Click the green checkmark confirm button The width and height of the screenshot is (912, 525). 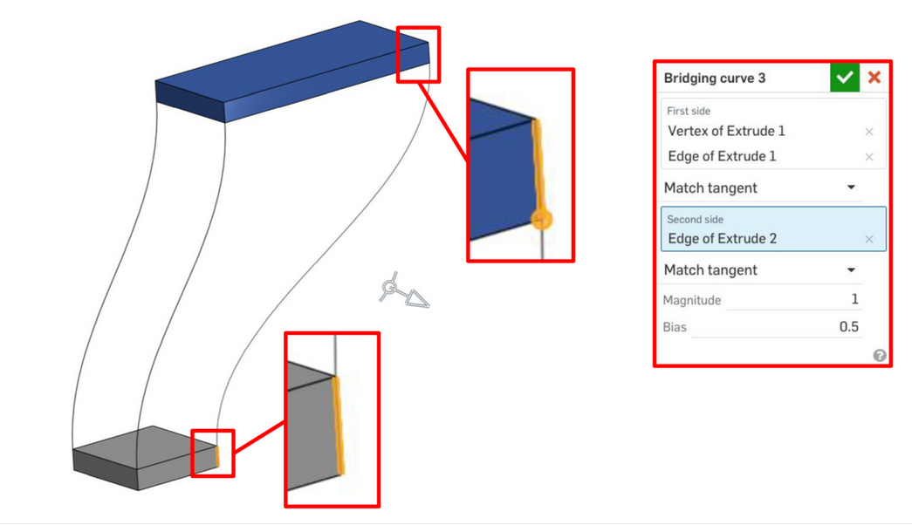pos(845,78)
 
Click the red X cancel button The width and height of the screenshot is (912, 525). pos(874,78)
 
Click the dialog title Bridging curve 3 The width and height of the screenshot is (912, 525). pos(714,78)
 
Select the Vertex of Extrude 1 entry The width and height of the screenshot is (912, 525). pos(726,131)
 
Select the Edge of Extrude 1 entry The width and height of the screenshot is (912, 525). pos(722,156)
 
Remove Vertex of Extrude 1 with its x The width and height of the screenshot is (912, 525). pos(869,132)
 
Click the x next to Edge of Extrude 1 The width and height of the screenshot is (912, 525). pos(869,156)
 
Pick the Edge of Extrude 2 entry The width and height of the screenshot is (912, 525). pos(723,238)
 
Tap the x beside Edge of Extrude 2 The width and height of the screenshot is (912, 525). pos(869,239)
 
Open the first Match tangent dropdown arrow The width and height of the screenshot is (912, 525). pos(851,187)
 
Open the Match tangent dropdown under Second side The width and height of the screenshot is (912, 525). pos(851,269)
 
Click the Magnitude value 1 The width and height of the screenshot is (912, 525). pos(854,299)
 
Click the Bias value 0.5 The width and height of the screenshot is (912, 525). pos(848,327)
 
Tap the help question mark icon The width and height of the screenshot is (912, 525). pos(880,355)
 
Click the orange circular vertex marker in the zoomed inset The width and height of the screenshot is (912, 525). pos(541,220)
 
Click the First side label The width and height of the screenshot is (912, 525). pos(688,111)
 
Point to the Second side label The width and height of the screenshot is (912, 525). pos(695,219)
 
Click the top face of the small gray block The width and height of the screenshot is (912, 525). pos(145,447)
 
